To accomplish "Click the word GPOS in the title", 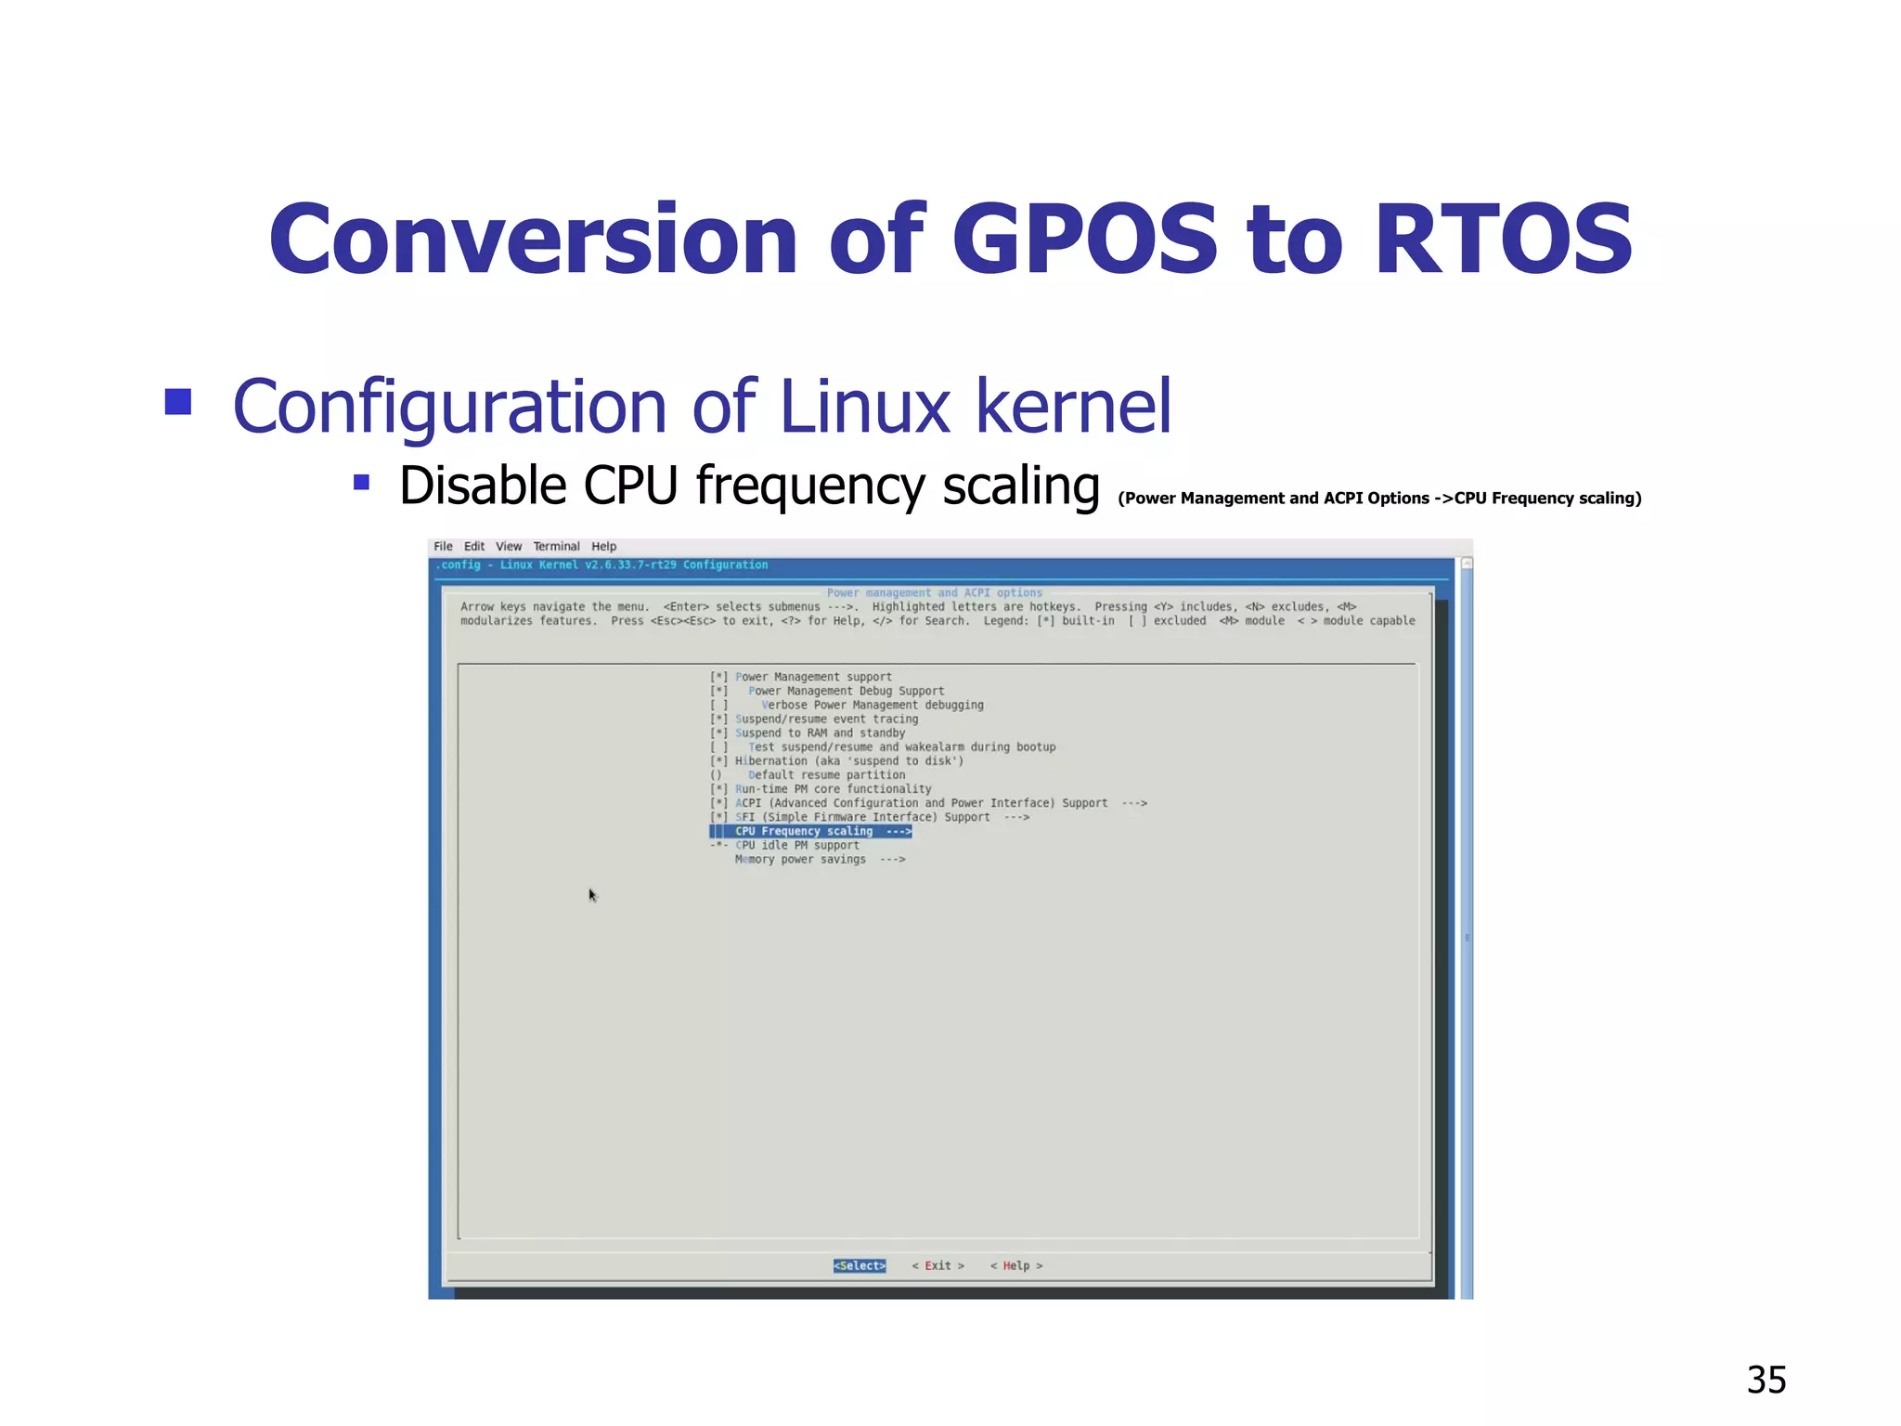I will pos(1084,240).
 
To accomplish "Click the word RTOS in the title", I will pos(1503,240).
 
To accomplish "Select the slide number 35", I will pos(1765,1380).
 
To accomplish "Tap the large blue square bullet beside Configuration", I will pos(178,401).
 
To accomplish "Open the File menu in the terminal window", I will pos(444,546).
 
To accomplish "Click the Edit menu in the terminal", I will pos(474,546).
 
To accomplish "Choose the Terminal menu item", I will pos(556,546).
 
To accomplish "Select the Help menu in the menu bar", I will pos(603,546).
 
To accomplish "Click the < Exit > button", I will pos(938,1265).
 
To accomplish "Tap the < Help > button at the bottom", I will pos(1016,1265).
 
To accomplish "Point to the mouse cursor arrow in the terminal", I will pos(592,895).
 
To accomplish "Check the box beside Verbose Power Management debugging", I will pos(718,705).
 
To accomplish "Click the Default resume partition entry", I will pos(826,774).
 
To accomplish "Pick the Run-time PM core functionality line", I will pos(833,788).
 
